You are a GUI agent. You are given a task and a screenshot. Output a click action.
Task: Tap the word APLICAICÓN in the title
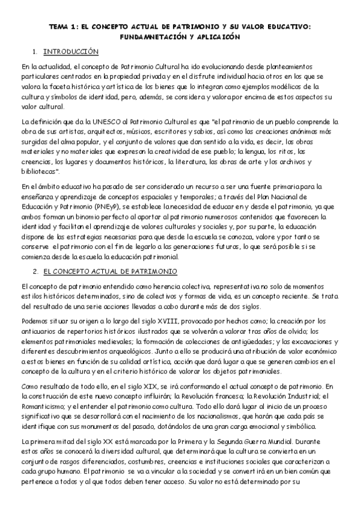point(212,37)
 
